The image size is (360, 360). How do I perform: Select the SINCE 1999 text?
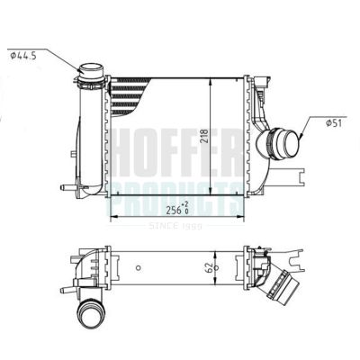pyautogui.click(x=175, y=225)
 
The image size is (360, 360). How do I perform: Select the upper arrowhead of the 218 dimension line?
pyautogui.click(x=211, y=78)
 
